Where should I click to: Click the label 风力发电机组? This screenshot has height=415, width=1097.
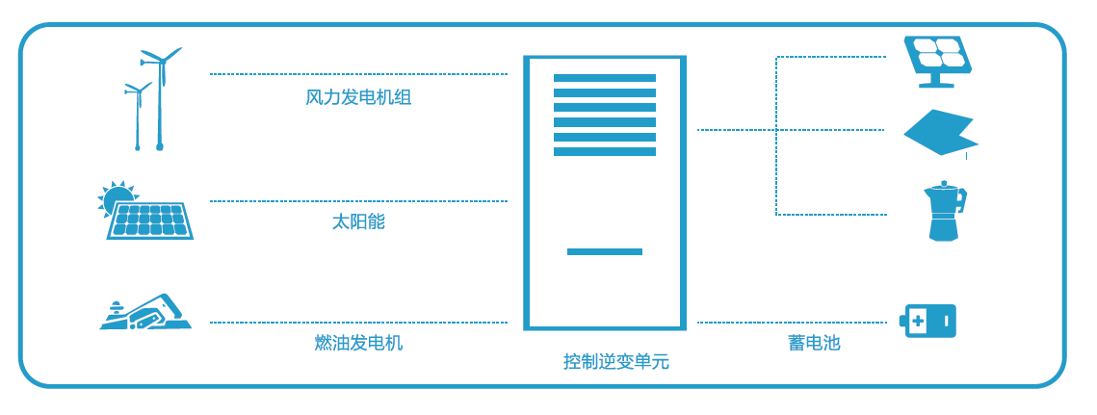[x=358, y=97]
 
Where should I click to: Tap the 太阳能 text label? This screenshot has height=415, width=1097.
[x=358, y=221]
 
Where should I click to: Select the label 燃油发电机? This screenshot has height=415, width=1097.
[x=358, y=343]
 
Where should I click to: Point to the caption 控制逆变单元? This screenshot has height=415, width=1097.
[x=615, y=362]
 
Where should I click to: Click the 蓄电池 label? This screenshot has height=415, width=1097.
[x=814, y=343]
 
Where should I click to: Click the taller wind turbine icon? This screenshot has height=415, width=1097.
[x=160, y=96]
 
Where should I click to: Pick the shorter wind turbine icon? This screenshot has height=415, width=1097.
[x=138, y=115]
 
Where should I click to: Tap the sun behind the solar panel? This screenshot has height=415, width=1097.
[x=118, y=197]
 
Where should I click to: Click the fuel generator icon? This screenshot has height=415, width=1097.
[x=146, y=313]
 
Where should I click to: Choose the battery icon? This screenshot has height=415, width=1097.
[x=928, y=321]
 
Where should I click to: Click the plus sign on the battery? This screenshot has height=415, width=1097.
[x=917, y=321]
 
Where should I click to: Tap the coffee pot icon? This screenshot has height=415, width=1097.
[x=944, y=211]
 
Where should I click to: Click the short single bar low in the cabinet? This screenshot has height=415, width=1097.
[x=604, y=251]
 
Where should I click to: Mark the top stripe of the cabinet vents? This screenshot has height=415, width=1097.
[x=604, y=78]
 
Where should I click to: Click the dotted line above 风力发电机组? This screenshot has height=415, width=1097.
[x=358, y=74]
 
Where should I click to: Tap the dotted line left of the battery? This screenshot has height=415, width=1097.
[x=791, y=323]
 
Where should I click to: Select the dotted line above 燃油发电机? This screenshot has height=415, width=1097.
[x=358, y=323]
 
